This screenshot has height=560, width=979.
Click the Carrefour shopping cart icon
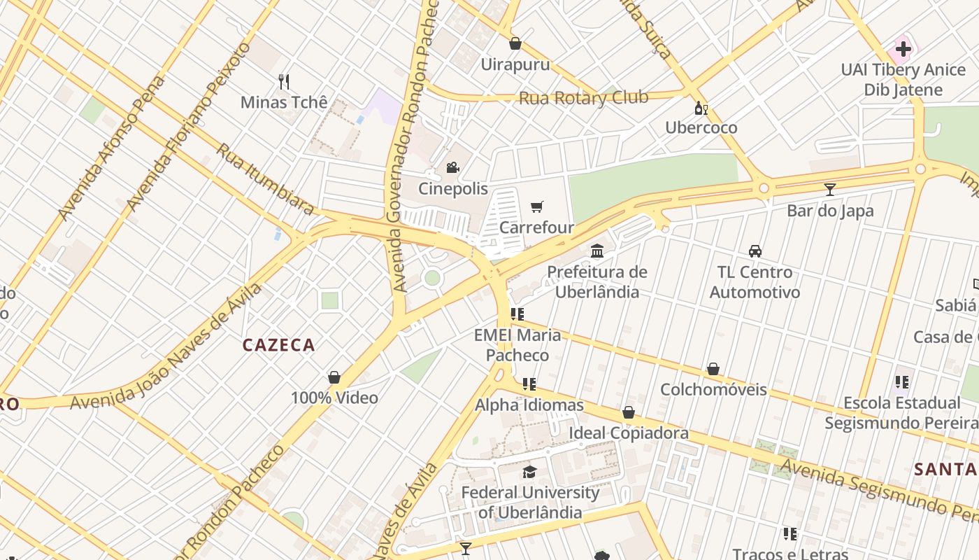point(536,207)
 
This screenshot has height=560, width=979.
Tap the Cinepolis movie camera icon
point(452,168)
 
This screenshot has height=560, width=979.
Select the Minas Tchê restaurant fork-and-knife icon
point(284,82)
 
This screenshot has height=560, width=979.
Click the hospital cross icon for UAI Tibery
point(903,49)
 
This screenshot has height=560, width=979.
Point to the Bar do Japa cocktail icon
point(829,190)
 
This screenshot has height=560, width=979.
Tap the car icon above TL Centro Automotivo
point(755,251)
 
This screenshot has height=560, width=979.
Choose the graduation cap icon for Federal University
point(530,472)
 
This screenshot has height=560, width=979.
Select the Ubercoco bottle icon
point(701,108)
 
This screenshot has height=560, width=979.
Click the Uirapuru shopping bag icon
point(515,44)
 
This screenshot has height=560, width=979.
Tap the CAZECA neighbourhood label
point(278,345)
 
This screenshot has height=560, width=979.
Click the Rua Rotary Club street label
point(583,98)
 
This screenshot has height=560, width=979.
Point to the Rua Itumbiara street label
point(265,179)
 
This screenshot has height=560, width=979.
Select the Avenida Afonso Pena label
point(111,148)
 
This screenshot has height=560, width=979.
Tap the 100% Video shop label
point(334,398)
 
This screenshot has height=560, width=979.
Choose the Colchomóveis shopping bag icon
point(713,369)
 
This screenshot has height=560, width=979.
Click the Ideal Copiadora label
point(628,433)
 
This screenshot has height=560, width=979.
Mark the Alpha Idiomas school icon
point(529,384)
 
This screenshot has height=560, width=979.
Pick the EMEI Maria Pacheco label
point(517,345)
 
